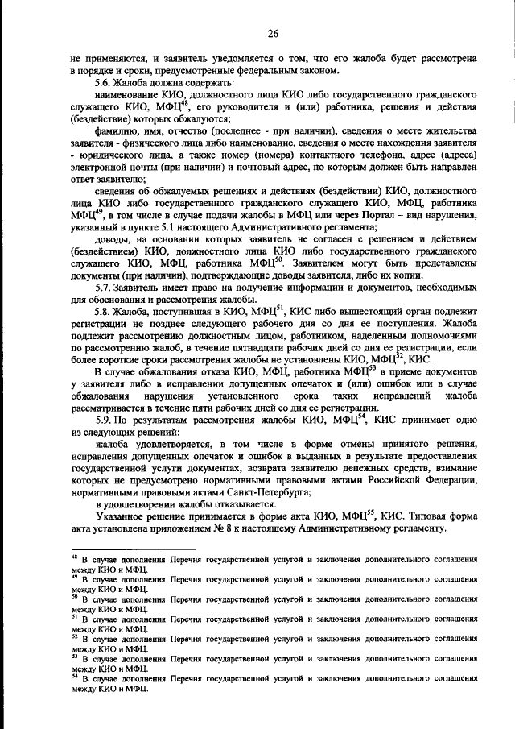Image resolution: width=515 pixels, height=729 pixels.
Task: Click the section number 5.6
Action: pyautogui.click(x=103, y=84)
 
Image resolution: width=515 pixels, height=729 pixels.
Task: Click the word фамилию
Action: pyautogui.click(x=117, y=131)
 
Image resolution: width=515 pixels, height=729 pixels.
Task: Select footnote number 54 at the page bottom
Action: pyautogui.click(x=74, y=677)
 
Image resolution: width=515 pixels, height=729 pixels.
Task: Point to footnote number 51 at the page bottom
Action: pyautogui.click(x=74, y=617)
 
